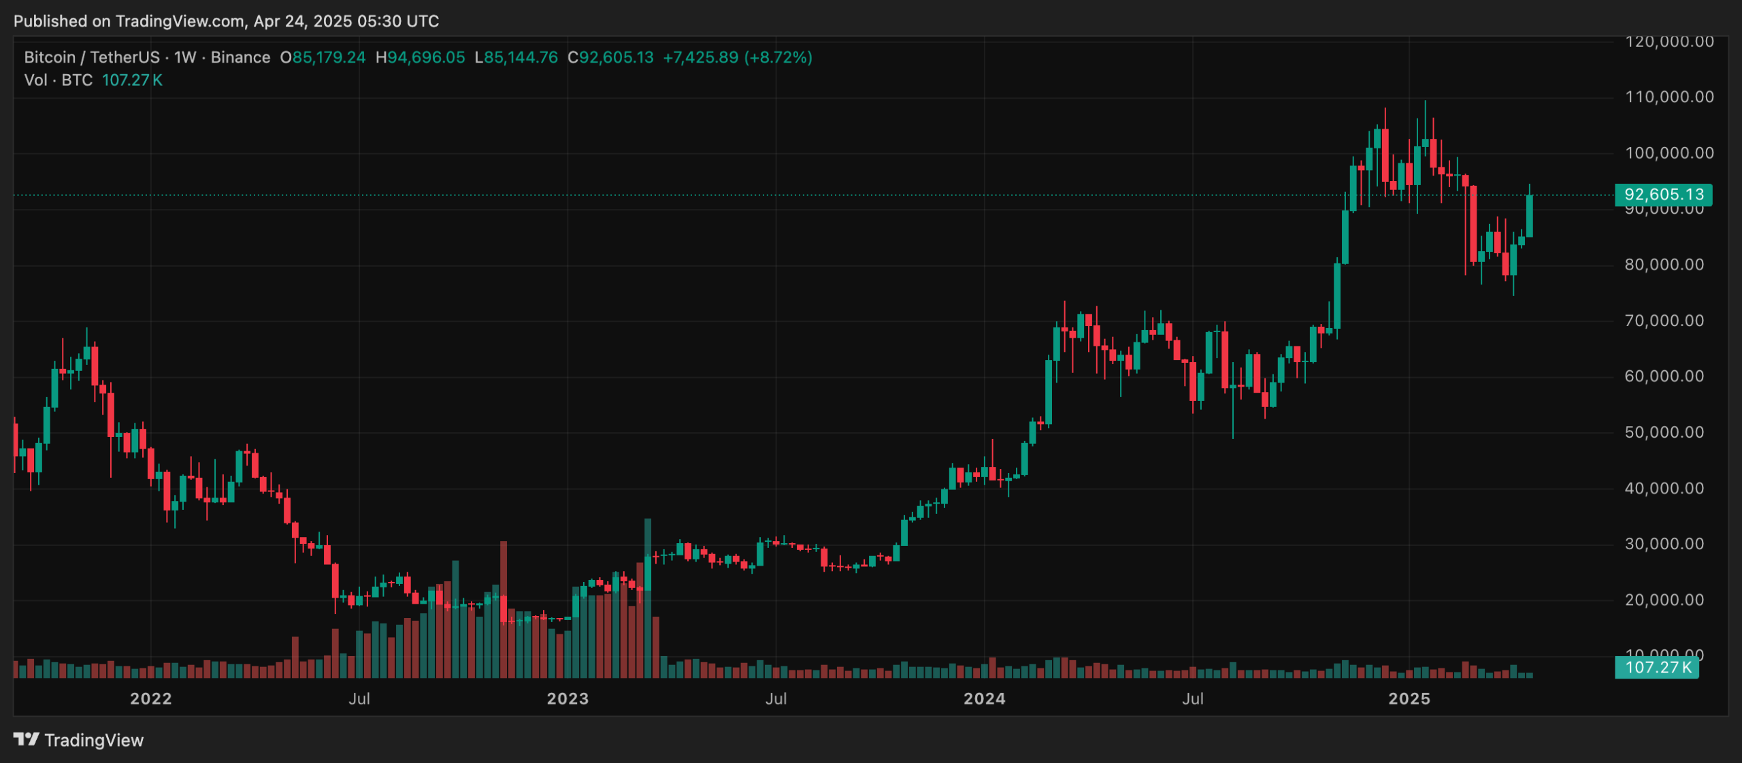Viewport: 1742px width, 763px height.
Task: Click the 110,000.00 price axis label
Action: pos(1669,97)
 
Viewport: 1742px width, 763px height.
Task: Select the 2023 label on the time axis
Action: pos(568,699)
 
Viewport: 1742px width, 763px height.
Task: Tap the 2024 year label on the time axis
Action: pos(984,699)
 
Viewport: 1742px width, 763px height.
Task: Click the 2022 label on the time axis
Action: pos(151,699)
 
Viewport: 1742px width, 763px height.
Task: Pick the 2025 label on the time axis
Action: pos(1409,699)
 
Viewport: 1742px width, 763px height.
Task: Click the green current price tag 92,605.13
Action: pos(1663,195)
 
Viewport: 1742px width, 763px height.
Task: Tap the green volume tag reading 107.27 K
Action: pos(1658,668)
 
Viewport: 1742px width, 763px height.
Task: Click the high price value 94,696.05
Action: pos(426,57)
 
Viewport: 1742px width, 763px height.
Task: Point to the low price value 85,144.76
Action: pos(521,57)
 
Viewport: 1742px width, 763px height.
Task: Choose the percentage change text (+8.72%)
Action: pos(778,57)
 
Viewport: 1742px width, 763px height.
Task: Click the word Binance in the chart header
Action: pos(240,57)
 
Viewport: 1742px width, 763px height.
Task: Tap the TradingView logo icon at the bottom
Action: pos(26,739)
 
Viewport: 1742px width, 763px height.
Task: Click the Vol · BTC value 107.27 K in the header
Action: pos(132,80)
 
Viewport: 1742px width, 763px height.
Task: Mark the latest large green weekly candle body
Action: pos(1530,216)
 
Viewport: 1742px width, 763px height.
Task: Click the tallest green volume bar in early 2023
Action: pos(648,599)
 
